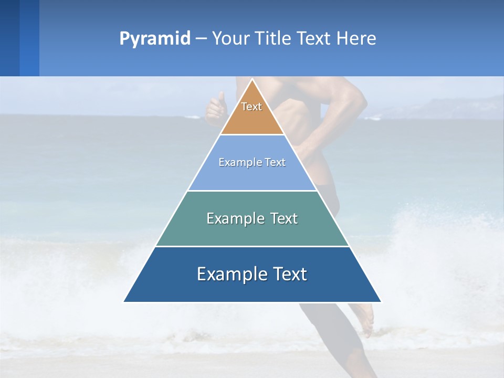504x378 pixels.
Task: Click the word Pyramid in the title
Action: point(155,38)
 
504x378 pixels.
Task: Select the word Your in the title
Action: point(232,38)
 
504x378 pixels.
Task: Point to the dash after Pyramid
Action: point(201,39)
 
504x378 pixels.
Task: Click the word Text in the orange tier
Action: point(251,107)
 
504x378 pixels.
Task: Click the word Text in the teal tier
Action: point(284,218)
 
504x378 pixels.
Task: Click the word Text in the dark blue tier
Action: point(288,274)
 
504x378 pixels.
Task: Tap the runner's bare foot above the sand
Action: point(365,318)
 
